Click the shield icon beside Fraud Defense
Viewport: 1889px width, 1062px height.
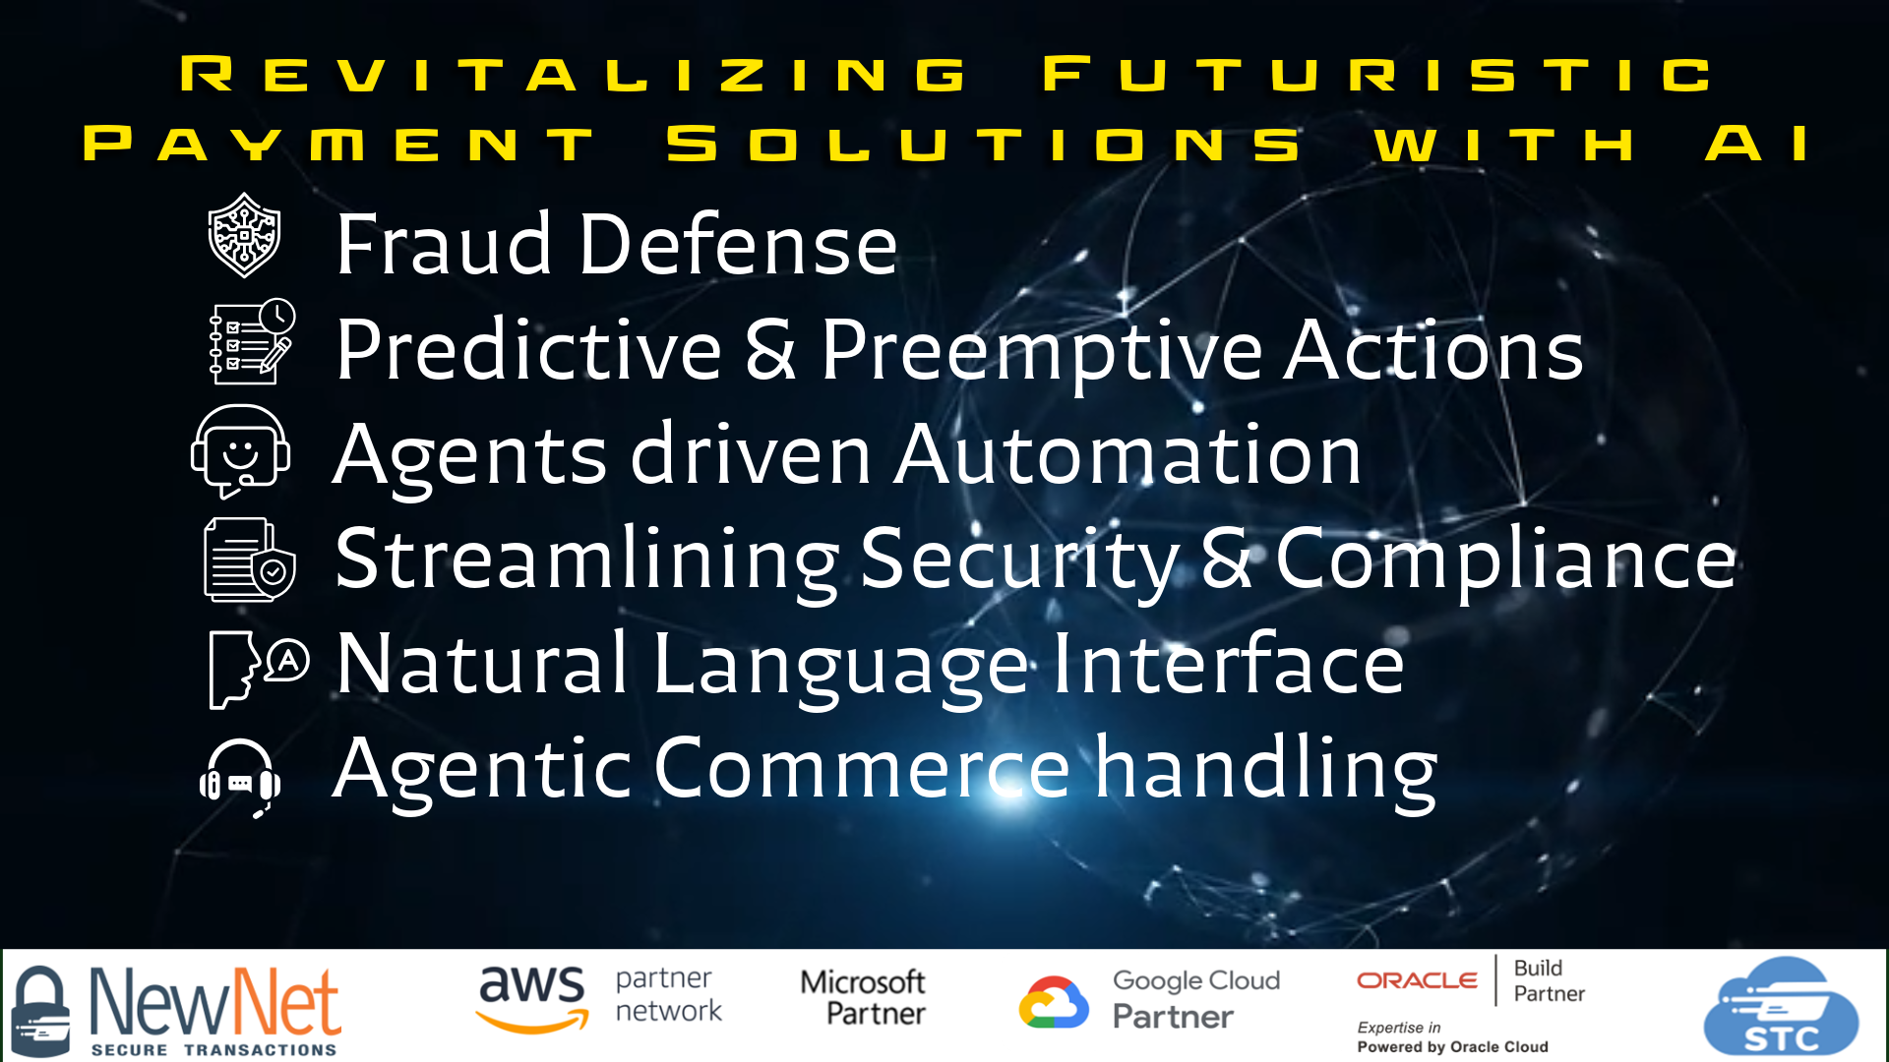245,235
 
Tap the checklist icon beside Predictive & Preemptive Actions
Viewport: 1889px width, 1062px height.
252,341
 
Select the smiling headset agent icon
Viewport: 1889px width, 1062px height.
240,451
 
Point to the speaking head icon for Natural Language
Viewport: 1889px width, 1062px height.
258,668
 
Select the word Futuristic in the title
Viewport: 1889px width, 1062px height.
1378,75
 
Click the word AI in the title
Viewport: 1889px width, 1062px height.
1757,144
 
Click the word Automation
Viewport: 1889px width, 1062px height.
1127,454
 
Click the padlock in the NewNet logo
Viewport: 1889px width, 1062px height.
40,1010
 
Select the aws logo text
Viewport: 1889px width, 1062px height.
532,997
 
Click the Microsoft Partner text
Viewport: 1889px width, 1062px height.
864,997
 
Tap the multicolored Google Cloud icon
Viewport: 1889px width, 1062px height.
1054,1002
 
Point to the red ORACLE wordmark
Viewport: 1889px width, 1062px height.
1417,980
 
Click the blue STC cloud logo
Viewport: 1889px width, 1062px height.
1781,1008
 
